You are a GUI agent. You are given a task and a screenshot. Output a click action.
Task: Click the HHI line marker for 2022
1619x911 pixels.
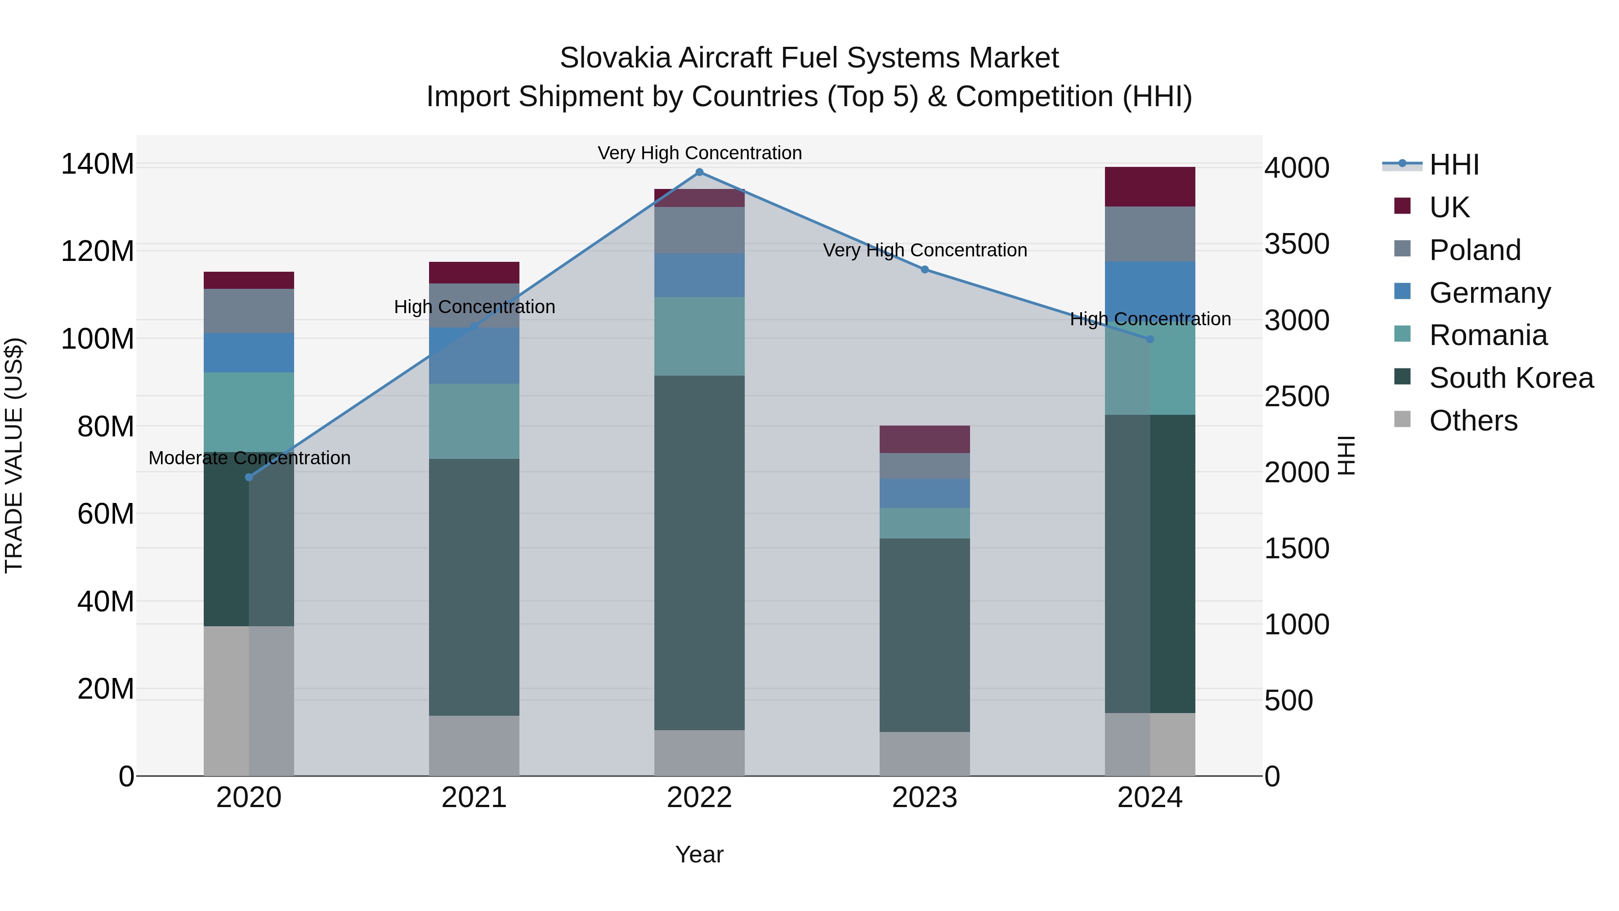coord(699,172)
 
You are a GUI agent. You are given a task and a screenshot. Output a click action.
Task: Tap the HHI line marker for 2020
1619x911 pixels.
coord(249,477)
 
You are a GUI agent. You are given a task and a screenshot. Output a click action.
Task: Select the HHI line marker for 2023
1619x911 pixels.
coord(925,270)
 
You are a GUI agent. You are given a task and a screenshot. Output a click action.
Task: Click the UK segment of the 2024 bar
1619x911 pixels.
coord(1150,187)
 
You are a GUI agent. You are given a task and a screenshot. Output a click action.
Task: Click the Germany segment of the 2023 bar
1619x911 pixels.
coord(925,494)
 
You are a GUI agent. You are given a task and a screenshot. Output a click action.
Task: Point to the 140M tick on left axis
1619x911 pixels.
coord(98,164)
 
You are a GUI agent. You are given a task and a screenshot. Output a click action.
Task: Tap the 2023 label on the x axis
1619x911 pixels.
coord(925,798)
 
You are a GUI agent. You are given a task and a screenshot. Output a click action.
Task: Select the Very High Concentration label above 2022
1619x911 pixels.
coord(699,153)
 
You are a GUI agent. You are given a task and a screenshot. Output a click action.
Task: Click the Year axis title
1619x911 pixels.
coord(699,855)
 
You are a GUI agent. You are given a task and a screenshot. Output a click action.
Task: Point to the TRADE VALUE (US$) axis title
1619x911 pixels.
coord(14,455)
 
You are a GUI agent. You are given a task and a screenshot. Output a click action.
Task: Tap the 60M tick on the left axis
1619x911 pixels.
coord(106,514)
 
